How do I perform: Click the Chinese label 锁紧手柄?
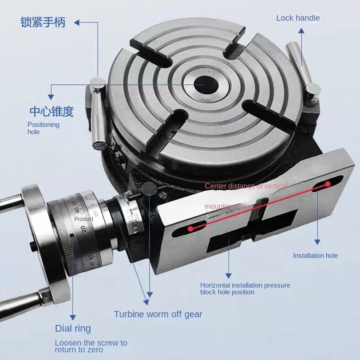pos(43,22)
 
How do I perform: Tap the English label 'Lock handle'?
pos(298,18)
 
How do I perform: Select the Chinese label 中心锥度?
pos(51,111)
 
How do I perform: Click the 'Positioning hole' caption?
pos(43,128)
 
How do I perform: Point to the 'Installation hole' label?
pos(315,256)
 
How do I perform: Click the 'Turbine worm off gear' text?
pos(158,314)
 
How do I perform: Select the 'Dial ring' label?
pos(73,328)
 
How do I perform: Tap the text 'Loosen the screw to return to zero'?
pos(91,346)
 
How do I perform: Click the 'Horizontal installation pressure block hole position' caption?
pos(245,288)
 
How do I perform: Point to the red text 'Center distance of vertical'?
pos(246,186)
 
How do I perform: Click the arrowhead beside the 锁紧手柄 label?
pos(77,21)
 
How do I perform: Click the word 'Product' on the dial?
pos(84,219)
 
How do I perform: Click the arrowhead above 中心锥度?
pos(51,96)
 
